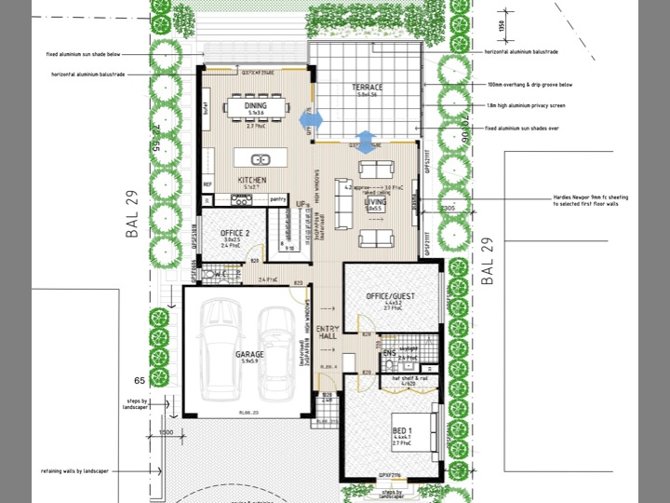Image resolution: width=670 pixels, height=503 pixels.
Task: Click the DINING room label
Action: [x=254, y=107]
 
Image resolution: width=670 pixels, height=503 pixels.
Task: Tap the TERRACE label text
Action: [x=368, y=88]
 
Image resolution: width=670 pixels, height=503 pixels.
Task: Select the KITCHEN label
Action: [x=252, y=179]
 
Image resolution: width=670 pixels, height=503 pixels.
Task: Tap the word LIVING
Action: [x=375, y=200]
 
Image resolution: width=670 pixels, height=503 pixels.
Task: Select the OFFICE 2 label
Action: [x=234, y=233]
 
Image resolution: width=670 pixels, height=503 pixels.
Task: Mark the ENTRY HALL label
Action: [x=328, y=334]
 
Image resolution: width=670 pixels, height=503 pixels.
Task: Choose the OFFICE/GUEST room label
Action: [x=390, y=296]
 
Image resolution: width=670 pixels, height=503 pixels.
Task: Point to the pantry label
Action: [x=276, y=198]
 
